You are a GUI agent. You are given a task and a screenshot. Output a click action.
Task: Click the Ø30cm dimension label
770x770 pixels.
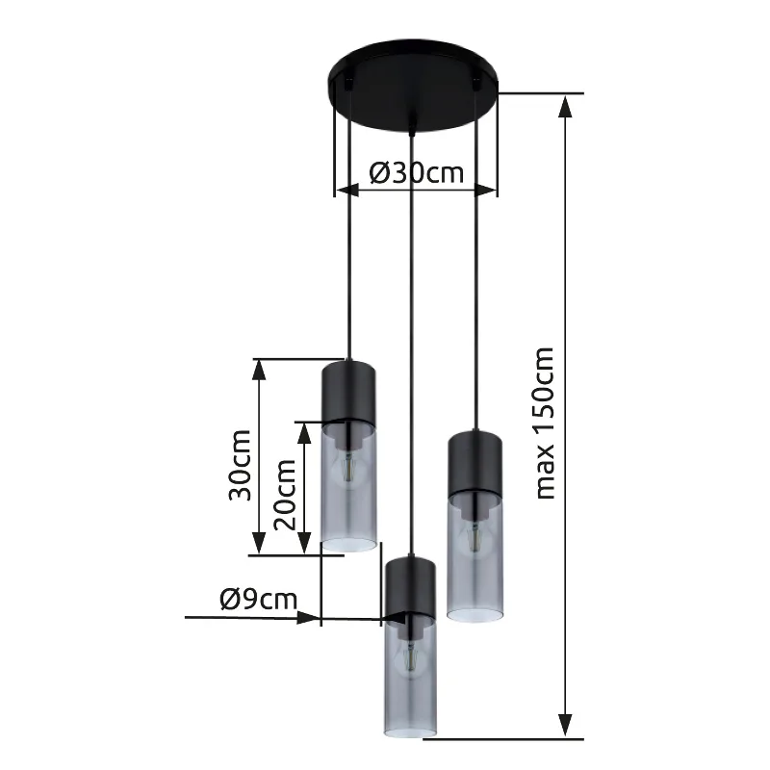[417, 173]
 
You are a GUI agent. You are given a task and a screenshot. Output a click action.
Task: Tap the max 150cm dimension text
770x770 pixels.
[545, 423]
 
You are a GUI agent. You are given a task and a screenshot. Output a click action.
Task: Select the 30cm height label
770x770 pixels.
[240, 465]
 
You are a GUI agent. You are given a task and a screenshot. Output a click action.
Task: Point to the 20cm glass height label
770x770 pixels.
[285, 495]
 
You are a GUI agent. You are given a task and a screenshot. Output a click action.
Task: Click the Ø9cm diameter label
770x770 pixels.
[259, 600]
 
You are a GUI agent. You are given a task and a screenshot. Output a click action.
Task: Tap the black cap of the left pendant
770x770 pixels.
[348, 392]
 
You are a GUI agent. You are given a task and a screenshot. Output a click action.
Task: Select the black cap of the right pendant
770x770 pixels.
[475, 462]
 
